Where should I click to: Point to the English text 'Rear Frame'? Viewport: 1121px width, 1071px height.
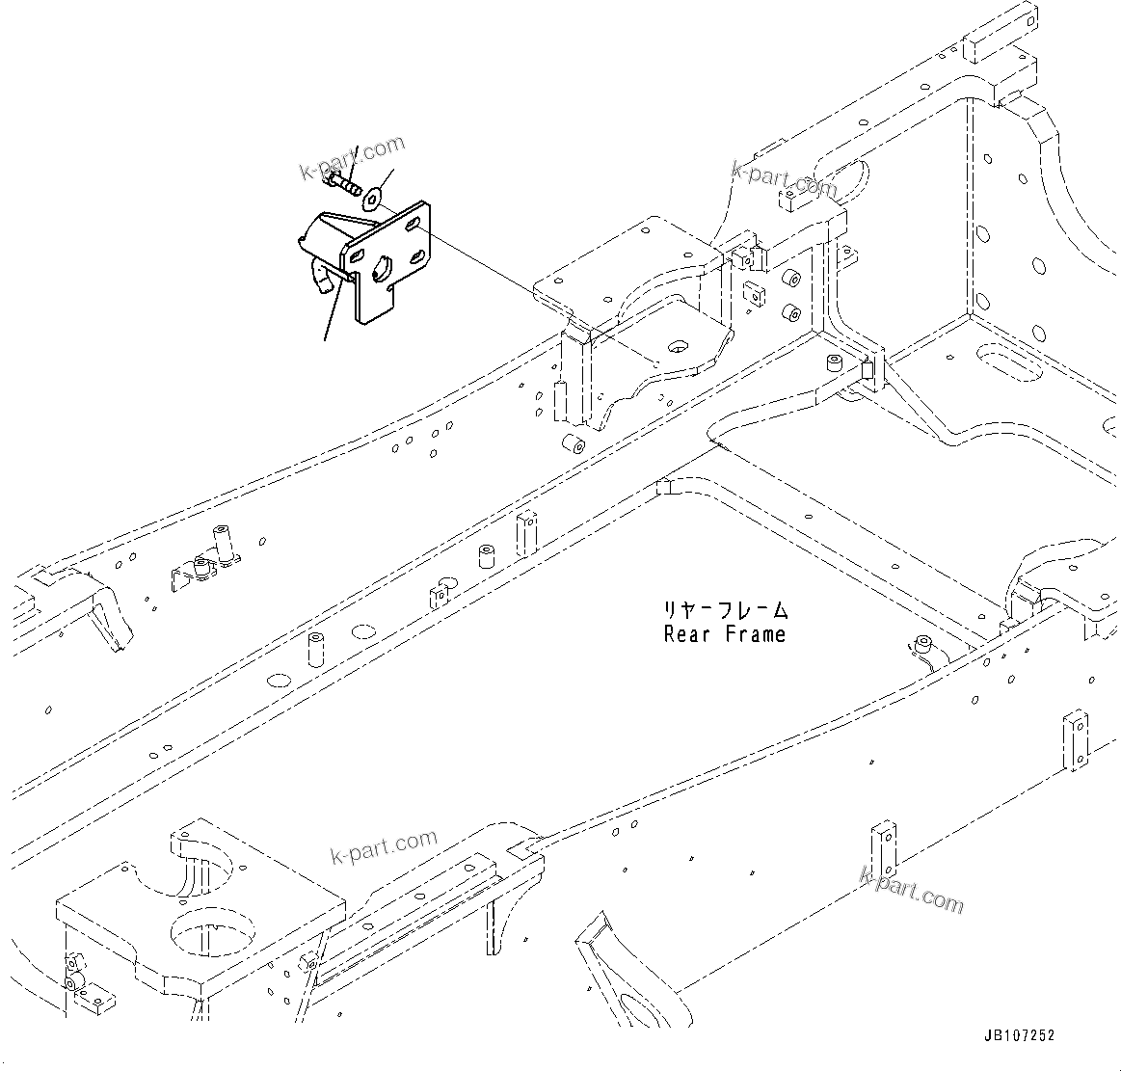click(x=724, y=634)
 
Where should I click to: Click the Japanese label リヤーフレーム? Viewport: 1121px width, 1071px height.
click(x=724, y=609)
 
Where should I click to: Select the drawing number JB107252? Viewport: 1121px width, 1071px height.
click(x=1019, y=1035)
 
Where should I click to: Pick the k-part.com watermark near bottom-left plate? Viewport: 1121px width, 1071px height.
click(x=383, y=846)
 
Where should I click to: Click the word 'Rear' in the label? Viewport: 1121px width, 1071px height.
click(x=685, y=634)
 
